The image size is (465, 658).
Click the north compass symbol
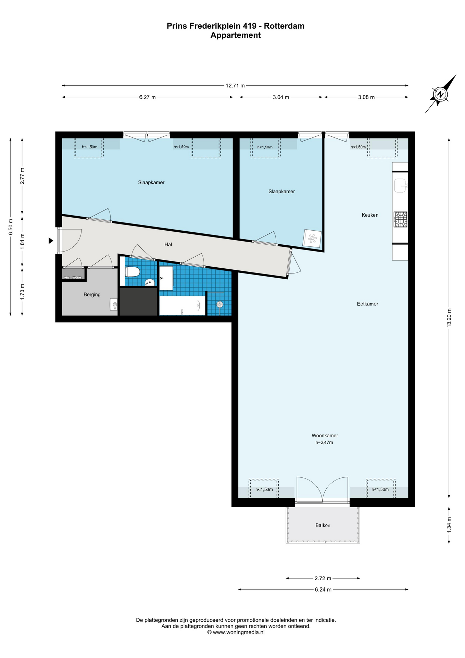coord(441,94)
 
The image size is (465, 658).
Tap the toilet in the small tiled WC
coord(132,272)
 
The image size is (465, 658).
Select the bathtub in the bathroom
coord(182,306)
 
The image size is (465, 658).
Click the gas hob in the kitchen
coord(401,219)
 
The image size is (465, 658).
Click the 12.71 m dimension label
coord(235,86)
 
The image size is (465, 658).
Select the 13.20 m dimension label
coord(449,318)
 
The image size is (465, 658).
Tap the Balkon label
coord(323,525)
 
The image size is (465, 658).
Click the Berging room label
coord(92,294)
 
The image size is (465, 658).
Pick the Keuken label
coord(370,215)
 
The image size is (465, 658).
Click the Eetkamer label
coord(367,304)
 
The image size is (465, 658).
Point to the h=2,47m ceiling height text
coord(324,442)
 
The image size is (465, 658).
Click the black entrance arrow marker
coord(51,241)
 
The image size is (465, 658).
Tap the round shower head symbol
coord(220,304)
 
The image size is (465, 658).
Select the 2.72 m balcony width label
coord(323,578)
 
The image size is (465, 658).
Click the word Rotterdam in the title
coord(284,26)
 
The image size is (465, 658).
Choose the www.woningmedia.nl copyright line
coord(236,632)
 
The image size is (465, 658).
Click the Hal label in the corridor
coord(168,244)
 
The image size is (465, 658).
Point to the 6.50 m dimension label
coord(11,227)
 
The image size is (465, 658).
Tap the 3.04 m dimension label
coord(281,97)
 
